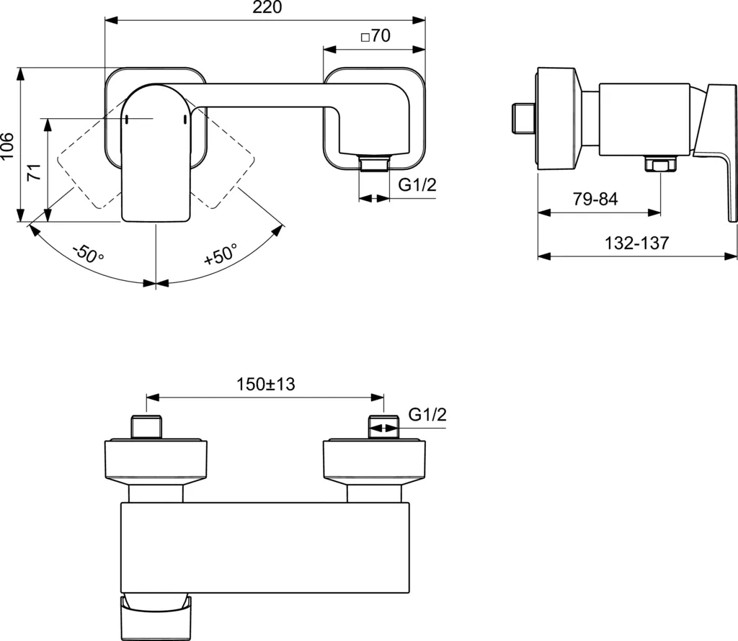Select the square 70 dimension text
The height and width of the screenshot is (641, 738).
point(374,36)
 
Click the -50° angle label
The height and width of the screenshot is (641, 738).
point(88,254)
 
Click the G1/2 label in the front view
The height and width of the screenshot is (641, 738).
point(418,185)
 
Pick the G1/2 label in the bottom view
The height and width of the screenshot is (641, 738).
point(428,415)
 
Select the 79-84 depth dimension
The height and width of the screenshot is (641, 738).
point(595,200)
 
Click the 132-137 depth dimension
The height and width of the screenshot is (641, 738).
point(636,243)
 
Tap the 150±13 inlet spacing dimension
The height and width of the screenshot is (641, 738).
point(266,384)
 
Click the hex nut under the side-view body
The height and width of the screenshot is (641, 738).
point(661,166)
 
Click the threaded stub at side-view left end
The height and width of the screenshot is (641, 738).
point(523,118)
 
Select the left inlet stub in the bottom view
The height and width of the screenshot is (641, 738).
point(147,426)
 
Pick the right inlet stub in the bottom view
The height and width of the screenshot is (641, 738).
point(383,426)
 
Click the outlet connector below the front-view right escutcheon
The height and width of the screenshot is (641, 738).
point(373,165)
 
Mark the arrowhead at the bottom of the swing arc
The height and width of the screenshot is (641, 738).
point(156,284)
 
